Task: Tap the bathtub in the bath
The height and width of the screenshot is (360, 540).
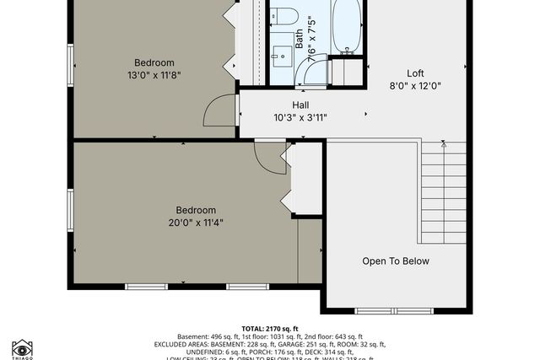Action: tap(346, 27)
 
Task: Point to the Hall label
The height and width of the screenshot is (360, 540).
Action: tap(300, 105)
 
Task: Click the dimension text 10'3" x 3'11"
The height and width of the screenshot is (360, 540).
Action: tap(300, 117)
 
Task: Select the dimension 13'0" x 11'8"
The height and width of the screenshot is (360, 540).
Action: tap(154, 75)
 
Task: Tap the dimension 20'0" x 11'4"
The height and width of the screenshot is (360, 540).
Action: tap(196, 223)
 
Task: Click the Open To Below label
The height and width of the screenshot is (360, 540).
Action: tap(396, 261)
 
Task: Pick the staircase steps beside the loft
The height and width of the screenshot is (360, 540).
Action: tap(443, 190)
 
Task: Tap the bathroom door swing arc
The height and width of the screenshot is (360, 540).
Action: tap(315, 75)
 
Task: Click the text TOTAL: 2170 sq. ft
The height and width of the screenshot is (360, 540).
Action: tap(270, 329)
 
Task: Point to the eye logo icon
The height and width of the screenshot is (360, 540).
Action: tap(22, 348)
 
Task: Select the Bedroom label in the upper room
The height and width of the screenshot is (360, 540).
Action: tap(154, 62)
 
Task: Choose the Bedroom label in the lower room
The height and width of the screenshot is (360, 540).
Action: tap(196, 211)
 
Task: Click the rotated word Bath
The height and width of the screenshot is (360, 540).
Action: tap(299, 39)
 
